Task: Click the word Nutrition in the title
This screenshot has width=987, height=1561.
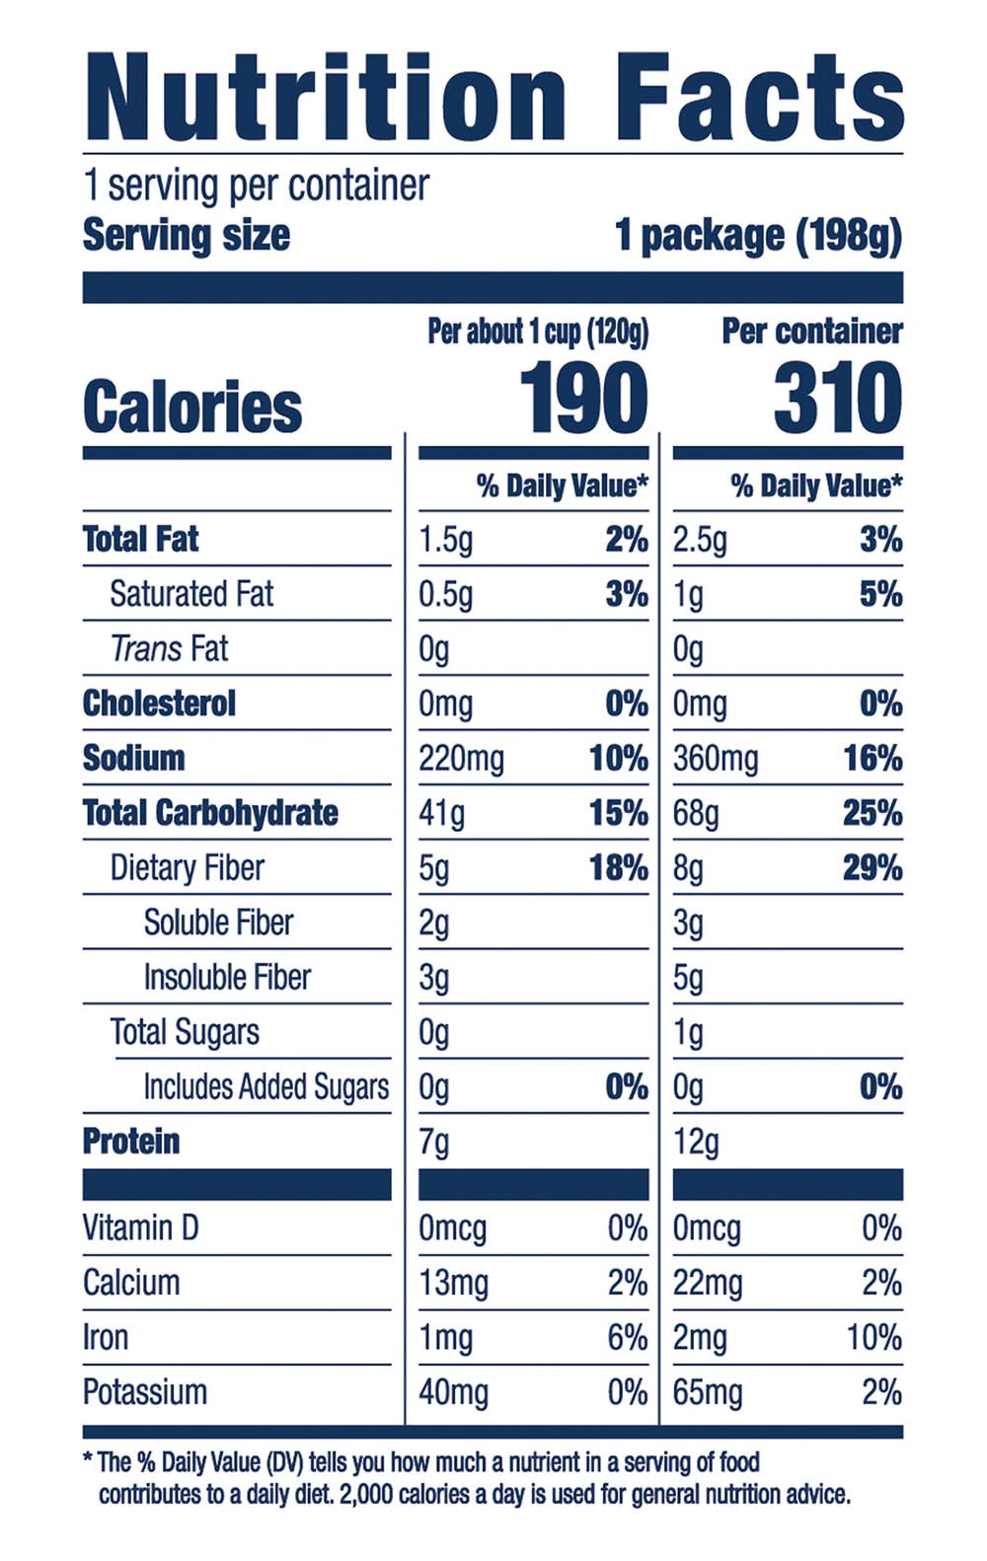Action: [x=326, y=98]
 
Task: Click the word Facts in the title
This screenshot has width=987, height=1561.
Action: [x=758, y=98]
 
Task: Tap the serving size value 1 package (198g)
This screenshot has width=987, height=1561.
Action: [x=758, y=236]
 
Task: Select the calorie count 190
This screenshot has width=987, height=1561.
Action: [x=583, y=398]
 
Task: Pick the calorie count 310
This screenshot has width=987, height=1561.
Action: [x=837, y=398]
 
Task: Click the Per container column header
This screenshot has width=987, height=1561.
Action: [x=811, y=332]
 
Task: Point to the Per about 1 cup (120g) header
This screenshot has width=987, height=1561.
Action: [x=538, y=332]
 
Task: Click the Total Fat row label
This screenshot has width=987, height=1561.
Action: [x=140, y=539]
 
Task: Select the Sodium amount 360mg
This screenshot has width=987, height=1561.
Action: [x=716, y=759]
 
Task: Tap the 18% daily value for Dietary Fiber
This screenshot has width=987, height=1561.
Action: [x=619, y=868]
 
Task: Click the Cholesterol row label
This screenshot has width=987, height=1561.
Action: [x=159, y=704]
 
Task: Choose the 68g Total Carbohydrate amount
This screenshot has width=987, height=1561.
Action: [x=696, y=813]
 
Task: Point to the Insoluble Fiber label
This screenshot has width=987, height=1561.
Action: [x=227, y=977]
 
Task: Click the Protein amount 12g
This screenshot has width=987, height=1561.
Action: [x=696, y=1142]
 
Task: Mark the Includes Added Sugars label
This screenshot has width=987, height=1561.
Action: [x=266, y=1086]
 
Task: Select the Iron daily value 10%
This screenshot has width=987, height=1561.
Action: [x=873, y=1338]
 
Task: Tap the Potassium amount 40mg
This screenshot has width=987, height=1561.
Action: [x=453, y=1392]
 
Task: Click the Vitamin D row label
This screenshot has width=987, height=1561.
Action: [x=140, y=1228]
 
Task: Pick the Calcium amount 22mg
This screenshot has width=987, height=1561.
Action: [x=707, y=1283]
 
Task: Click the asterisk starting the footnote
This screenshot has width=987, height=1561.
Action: [x=88, y=1458]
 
